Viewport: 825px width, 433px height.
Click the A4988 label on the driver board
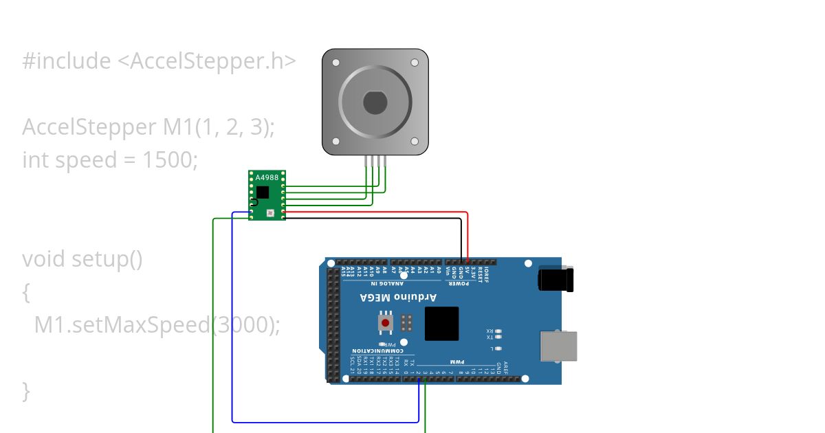[267, 178]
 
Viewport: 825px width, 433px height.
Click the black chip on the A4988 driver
[262, 192]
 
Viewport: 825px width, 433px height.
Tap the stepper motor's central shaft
[375, 102]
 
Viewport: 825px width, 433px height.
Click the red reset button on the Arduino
[386, 322]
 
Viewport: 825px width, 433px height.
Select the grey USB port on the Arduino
[558, 346]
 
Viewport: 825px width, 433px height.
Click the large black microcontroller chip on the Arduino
[441, 324]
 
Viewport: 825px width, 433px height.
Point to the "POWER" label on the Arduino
[454, 283]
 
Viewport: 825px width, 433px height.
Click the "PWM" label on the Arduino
[457, 362]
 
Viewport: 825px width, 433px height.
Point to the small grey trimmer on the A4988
[270, 213]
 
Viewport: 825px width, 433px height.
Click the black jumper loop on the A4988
[253, 202]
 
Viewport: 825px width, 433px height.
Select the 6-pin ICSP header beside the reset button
[406, 322]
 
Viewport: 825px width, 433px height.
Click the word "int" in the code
[36, 160]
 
